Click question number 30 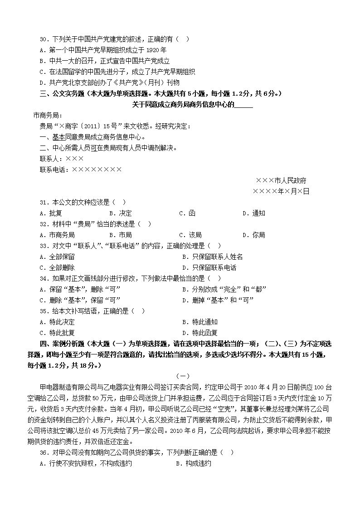(44, 39)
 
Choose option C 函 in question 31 (187, 213)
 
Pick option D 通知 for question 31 (254, 213)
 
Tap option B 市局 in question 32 (121, 235)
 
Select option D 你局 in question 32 (254, 235)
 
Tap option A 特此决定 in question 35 (58, 322)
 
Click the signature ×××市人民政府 (281, 180)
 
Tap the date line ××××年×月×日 (281, 191)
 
